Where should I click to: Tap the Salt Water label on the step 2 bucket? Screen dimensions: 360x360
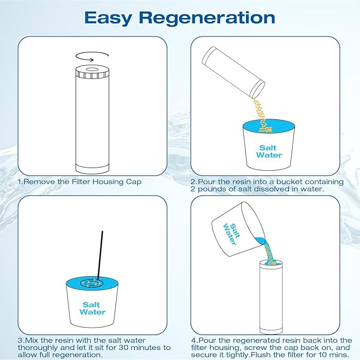[x=269, y=152]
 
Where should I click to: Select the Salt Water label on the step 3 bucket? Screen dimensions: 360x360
[x=93, y=309]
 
